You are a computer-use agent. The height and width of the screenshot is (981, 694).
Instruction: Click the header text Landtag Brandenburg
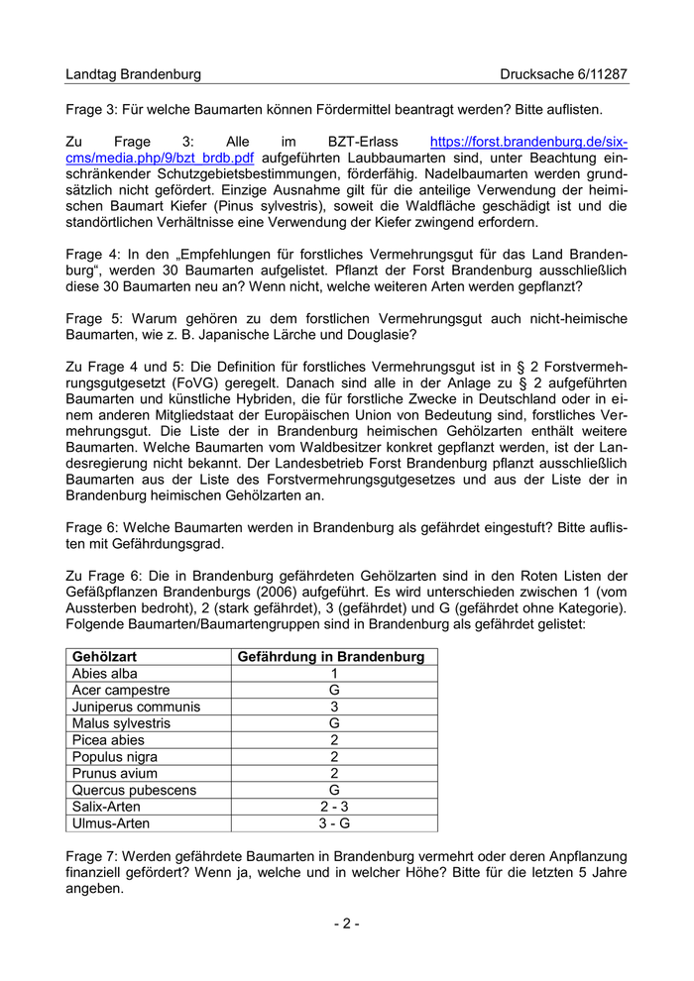133,74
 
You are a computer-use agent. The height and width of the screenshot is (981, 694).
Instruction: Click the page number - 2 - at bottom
346,925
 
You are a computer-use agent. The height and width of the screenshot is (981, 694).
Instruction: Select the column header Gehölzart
104,657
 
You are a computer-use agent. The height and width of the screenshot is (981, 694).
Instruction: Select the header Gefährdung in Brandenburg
334,657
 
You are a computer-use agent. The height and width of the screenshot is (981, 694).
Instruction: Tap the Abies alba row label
104,674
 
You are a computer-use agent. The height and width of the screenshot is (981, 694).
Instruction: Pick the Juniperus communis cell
136,707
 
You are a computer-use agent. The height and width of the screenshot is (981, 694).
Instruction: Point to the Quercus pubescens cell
134,790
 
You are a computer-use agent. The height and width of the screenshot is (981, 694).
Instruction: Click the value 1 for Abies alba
334,674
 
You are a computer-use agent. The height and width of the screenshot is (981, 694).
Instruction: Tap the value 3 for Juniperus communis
334,707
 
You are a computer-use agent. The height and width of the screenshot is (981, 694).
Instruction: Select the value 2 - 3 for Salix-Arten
334,807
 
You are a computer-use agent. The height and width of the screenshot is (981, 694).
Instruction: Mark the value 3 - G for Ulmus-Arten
334,823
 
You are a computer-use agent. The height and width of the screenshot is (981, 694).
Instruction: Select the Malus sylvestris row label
121,723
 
